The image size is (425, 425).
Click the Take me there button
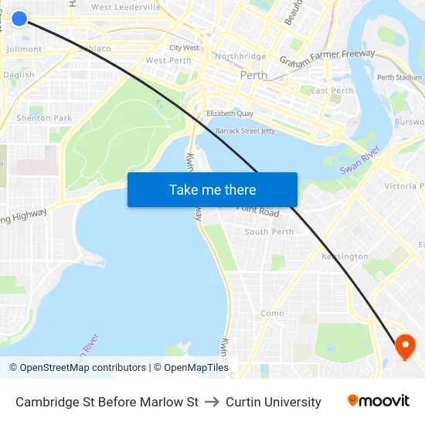(x=212, y=190)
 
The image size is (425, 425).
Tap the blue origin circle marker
(x=19, y=18)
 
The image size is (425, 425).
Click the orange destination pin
(x=405, y=345)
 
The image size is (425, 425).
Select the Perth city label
(x=253, y=76)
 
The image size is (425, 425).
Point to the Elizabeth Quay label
(x=230, y=114)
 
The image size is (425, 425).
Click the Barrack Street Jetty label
(x=245, y=131)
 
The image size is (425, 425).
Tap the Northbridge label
(x=240, y=56)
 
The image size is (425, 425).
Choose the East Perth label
(x=331, y=90)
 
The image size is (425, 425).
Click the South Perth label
(x=269, y=232)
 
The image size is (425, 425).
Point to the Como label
(x=272, y=314)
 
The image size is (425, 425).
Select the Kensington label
(x=345, y=257)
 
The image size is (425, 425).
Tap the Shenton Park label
(x=44, y=118)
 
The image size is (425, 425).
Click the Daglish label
(x=19, y=75)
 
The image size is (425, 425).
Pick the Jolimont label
(x=24, y=49)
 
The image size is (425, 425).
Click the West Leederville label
(x=126, y=7)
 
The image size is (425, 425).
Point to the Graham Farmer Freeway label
(x=327, y=58)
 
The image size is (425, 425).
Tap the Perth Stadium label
(x=399, y=77)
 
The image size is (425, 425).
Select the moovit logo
(x=378, y=401)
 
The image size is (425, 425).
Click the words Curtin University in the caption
(x=274, y=402)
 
